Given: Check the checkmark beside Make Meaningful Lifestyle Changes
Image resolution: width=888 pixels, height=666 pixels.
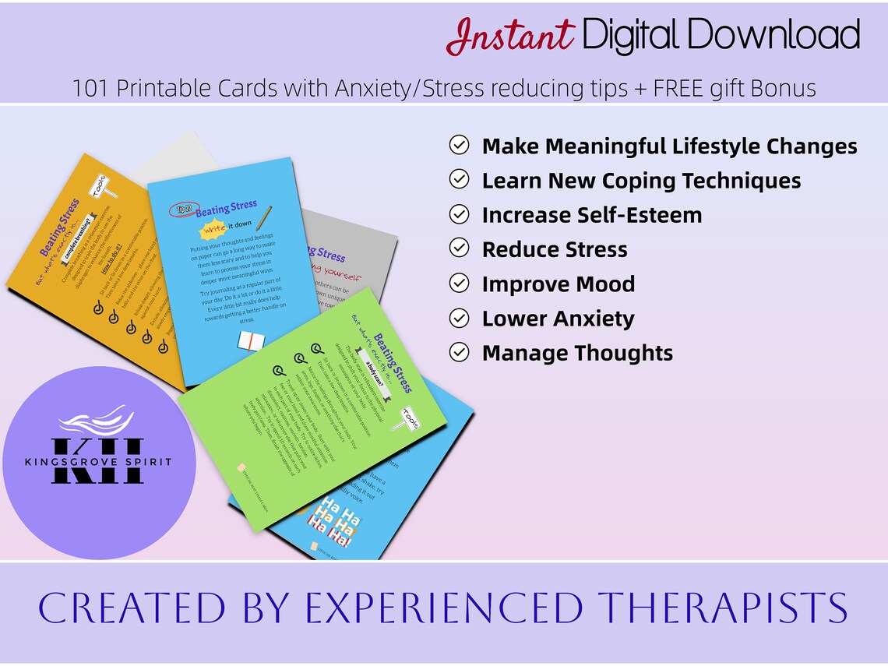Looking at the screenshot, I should [460, 146].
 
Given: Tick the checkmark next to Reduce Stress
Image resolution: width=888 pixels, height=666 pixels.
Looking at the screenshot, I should [460, 249].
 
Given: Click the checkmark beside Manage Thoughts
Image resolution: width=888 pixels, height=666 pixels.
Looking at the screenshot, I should [460, 353].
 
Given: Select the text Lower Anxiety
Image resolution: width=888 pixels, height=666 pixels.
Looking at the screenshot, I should [558, 319].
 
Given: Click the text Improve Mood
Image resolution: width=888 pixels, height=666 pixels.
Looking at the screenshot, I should [558, 284].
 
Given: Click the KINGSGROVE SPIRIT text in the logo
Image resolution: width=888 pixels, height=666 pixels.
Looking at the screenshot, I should [98, 462].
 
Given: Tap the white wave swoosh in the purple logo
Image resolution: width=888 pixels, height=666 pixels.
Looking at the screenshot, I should [93, 421].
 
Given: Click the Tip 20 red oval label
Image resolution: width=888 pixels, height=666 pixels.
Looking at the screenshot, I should [181, 210].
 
